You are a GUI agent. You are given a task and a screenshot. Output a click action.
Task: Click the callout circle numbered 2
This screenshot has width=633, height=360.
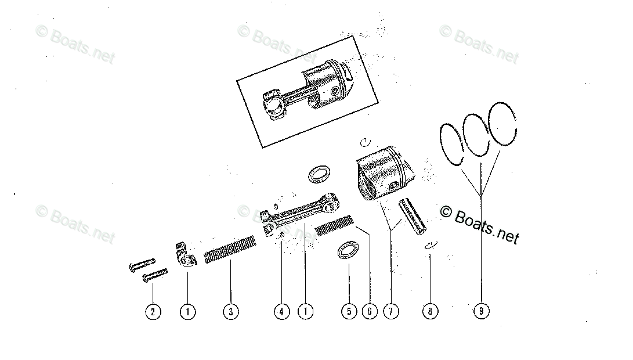(153, 312)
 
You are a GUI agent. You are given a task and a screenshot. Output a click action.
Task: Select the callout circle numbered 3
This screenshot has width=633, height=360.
(230, 312)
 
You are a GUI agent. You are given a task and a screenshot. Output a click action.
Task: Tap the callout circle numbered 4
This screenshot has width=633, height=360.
(281, 312)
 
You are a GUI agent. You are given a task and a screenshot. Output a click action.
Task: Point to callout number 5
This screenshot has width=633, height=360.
(349, 312)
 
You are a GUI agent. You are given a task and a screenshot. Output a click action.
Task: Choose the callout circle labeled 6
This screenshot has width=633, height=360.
(369, 312)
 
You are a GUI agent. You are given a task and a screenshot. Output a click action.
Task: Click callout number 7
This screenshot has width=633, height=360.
(390, 312)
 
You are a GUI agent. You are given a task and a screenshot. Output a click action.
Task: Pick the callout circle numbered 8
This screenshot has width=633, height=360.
(430, 312)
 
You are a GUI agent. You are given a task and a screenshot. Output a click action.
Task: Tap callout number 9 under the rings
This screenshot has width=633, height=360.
(481, 312)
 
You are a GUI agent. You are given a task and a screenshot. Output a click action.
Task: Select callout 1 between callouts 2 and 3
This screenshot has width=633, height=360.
(187, 312)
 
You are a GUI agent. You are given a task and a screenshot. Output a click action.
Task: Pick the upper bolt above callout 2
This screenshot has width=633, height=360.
(142, 264)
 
